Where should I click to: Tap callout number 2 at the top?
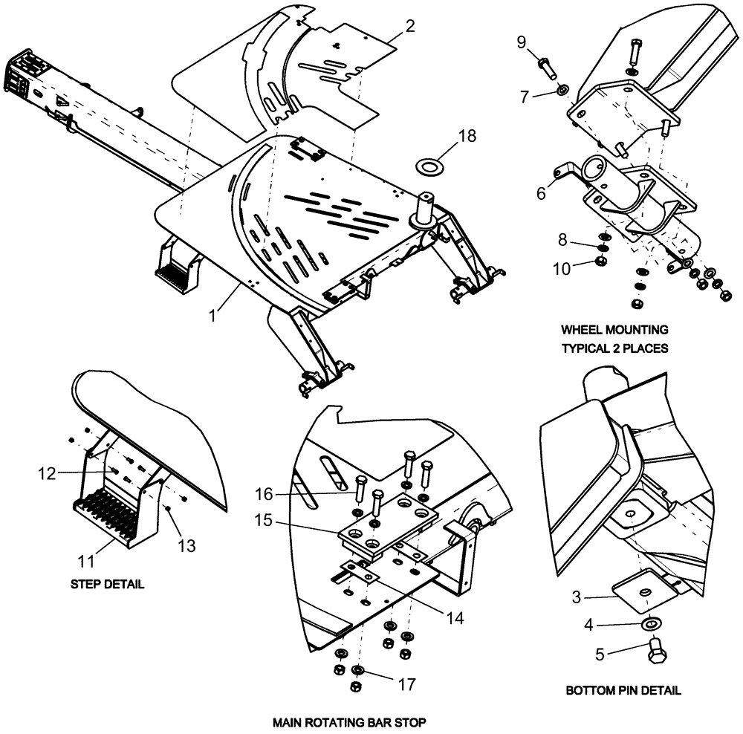409,25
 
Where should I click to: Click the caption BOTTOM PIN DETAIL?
623,690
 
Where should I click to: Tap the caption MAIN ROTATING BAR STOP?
349,721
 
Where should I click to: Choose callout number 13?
186,546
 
